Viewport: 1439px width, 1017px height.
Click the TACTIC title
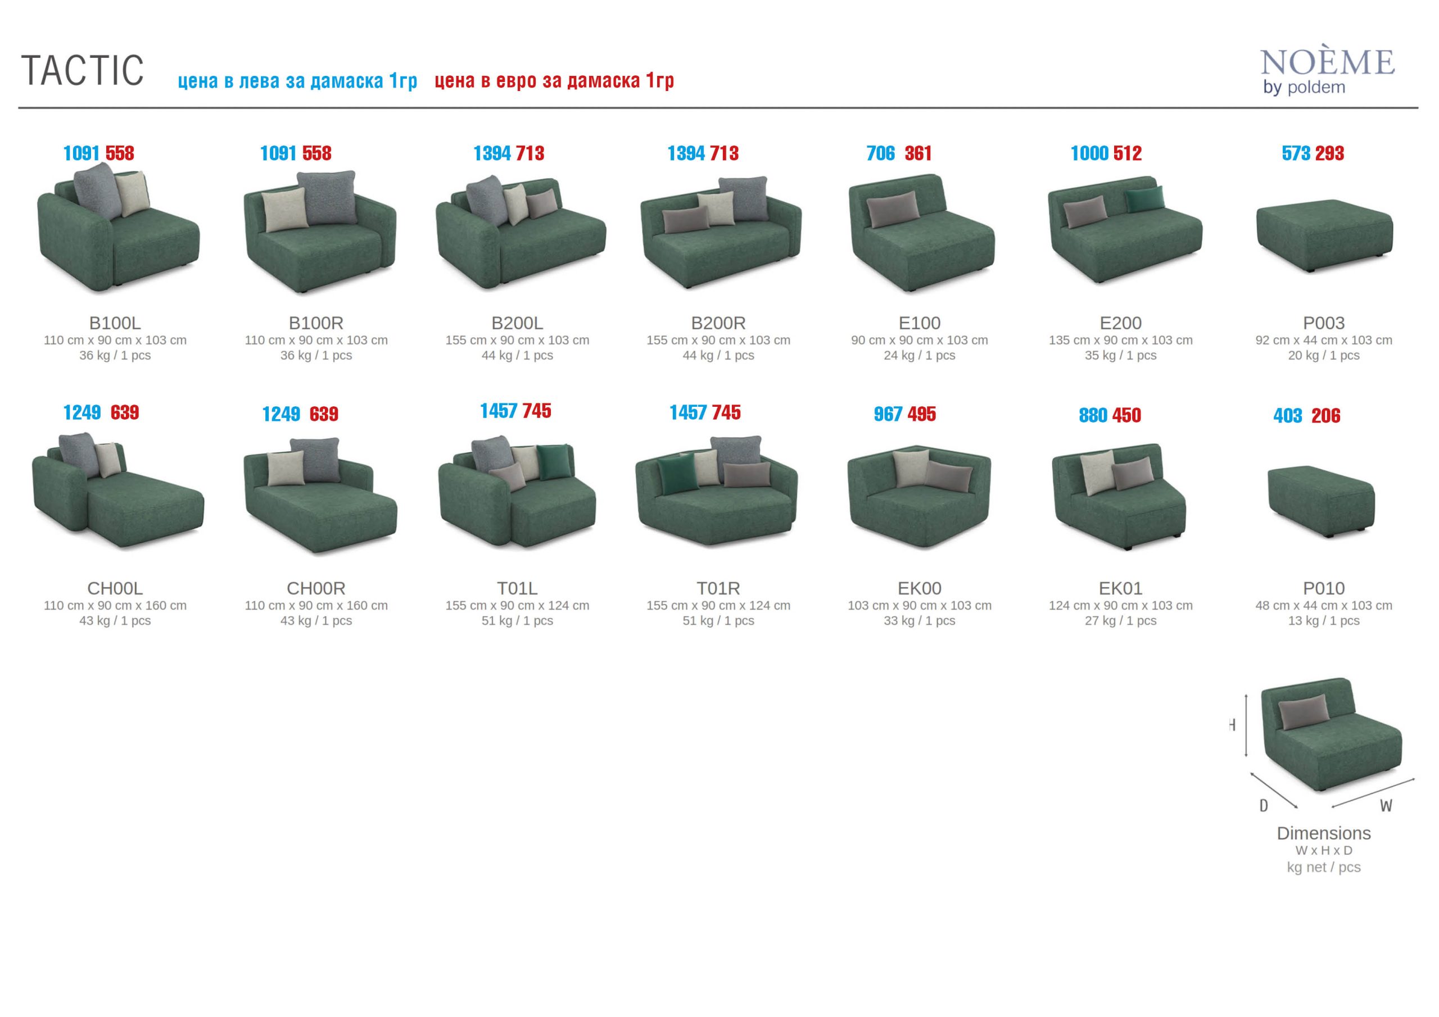(83, 70)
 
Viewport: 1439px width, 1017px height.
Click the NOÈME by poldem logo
(1328, 71)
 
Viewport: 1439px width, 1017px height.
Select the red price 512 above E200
(1128, 153)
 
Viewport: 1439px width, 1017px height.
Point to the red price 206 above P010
(1325, 415)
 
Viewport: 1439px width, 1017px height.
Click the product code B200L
(517, 323)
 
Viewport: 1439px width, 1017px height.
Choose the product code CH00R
(316, 588)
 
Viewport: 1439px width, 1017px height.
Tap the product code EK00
(920, 588)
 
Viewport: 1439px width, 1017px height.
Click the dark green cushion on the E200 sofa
(1144, 199)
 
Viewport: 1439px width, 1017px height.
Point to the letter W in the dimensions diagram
(1386, 806)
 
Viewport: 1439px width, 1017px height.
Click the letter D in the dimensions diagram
(1264, 806)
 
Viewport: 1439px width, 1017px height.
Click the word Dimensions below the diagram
(1324, 833)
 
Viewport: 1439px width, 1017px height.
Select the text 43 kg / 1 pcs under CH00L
(115, 621)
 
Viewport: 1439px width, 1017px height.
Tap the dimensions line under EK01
(1121, 606)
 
